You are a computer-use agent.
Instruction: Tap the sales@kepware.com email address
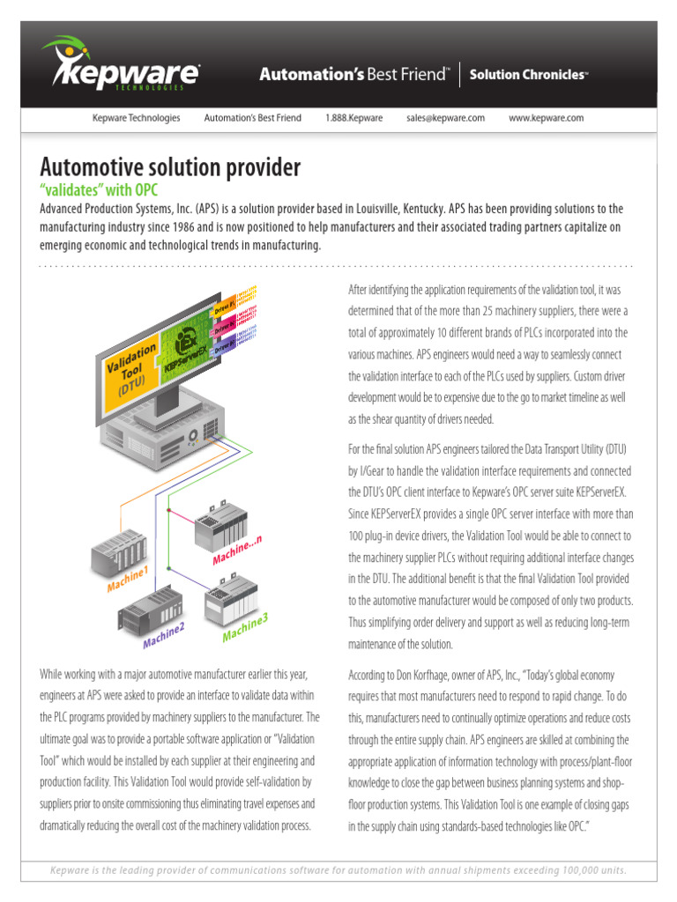click(445, 118)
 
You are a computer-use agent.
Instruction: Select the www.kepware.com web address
click(547, 118)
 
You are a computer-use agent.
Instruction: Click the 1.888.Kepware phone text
click(353, 118)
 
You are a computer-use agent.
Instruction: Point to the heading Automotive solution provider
click(170, 166)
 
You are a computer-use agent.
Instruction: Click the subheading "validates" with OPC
click(99, 190)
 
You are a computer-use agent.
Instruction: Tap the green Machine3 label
click(244, 626)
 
